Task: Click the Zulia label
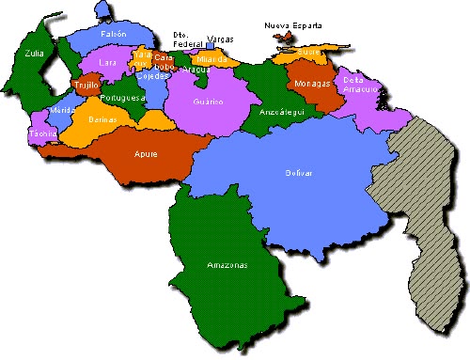tap(35, 55)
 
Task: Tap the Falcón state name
tap(113, 34)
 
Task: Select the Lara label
tap(108, 63)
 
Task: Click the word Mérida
tap(62, 111)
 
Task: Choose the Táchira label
tap(42, 134)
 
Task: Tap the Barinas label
tap(102, 121)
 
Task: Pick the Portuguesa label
tap(122, 98)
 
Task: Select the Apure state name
tap(145, 153)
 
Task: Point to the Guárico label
tap(207, 101)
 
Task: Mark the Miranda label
tap(212, 59)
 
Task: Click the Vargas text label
tap(220, 39)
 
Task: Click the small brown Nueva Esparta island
tap(282, 38)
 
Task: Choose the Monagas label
tap(311, 84)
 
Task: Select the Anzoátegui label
tap(279, 111)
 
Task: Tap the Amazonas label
tap(227, 266)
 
